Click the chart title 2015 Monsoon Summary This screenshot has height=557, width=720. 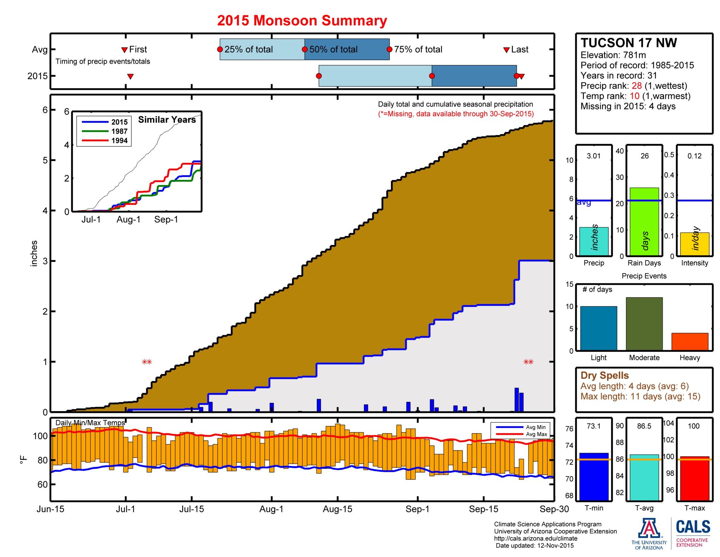[302, 20]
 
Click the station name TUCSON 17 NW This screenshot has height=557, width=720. [629, 43]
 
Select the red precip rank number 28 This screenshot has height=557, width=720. [637, 86]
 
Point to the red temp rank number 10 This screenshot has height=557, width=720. [635, 96]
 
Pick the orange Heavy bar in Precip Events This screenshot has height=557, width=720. [690, 341]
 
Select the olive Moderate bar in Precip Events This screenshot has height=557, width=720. [644, 324]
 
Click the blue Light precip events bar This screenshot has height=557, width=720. [598, 328]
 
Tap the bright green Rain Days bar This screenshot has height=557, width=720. [644, 222]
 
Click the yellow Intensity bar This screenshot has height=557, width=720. [694, 244]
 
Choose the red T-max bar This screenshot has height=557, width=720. [694, 478]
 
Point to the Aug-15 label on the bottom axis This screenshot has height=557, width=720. [337, 509]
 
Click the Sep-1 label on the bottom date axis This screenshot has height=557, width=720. [417, 509]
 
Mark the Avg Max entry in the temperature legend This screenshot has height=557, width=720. [522, 434]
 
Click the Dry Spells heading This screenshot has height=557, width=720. [604, 375]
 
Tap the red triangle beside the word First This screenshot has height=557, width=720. [124, 50]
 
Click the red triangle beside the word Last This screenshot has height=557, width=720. [506, 50]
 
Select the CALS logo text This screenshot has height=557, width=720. [693, 527]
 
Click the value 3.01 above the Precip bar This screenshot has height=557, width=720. [594, 156]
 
